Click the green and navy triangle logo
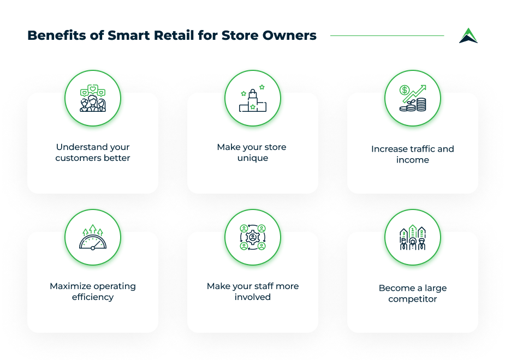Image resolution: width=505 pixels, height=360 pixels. pos(468,36)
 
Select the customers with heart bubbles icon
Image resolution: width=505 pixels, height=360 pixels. pos(93,99)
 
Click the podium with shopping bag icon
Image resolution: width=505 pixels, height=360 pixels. pos(253,99)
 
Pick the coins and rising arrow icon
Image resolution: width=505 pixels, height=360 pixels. pos(413,99)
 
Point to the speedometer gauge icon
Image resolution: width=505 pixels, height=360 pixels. pos(93,238)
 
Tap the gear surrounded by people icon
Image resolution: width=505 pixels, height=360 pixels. pos(253,238)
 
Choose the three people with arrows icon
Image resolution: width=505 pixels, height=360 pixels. pos(413,238)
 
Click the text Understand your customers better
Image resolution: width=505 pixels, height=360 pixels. pos(93,153)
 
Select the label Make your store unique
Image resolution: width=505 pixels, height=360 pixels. pos(252,153)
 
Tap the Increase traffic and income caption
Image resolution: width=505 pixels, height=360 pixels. pos(413,154)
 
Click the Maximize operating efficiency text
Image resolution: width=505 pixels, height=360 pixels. pos(93,292)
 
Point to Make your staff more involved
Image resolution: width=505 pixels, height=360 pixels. pos(253,292)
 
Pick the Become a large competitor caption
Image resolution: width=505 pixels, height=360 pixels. pos(413,293)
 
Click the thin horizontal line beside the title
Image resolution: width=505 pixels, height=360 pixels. pos(387,36)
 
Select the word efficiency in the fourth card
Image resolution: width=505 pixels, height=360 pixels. pos(93,297)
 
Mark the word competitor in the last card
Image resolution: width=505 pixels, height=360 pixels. pos(413,299)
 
